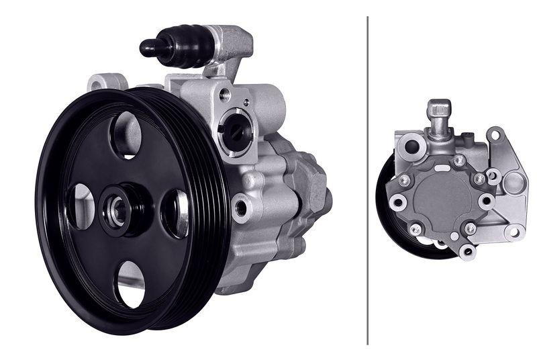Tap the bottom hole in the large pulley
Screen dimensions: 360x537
(x=130, y=285)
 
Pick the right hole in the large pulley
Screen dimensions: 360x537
(x=176, y=213)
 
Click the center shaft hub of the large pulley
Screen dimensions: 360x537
(x=118, y=211)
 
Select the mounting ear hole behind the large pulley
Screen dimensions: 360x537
(x=99, y=85)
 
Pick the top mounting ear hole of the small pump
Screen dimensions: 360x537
(x=495, y=135)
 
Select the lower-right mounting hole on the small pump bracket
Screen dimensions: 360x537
(x=514, y=232)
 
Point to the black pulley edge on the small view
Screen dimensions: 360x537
(x=386, y=201)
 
